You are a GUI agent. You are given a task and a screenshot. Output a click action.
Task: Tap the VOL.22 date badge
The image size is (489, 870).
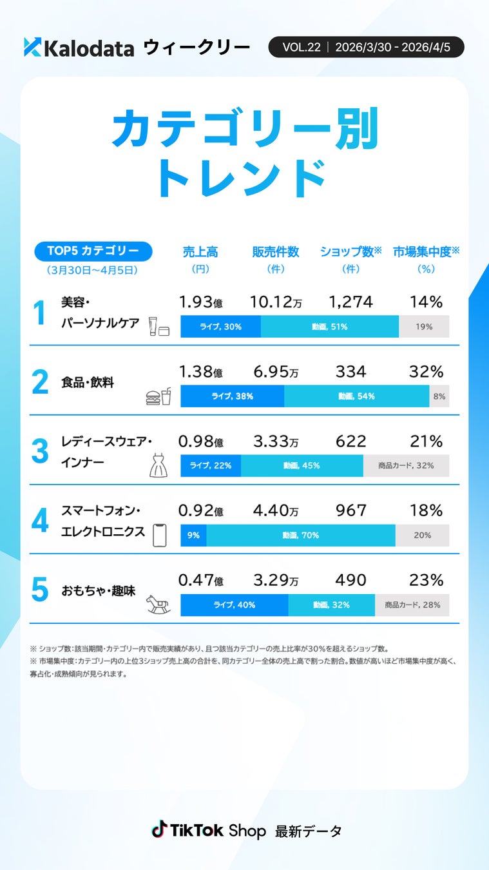click(x=366, y=47)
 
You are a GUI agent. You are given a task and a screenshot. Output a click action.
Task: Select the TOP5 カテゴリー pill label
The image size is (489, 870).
click(x=93, y=251)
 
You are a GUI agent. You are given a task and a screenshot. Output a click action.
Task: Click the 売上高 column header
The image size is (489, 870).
click(x=200, y=252)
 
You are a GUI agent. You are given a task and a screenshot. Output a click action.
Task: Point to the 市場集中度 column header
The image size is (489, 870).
click(x=426, y=252)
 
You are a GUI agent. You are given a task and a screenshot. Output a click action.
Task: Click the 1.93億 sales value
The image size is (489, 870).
click(x=200, y=302)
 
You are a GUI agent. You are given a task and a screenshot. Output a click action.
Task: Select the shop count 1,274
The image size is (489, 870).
click(x=350, y=302)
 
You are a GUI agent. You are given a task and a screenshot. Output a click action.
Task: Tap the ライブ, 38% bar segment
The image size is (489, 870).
click(x=232, y=396)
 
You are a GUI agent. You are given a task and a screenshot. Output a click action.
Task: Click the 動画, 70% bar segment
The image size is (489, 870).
click(x=300, y=535)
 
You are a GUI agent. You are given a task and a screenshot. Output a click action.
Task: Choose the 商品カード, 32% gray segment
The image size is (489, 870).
click(x=406, y=465)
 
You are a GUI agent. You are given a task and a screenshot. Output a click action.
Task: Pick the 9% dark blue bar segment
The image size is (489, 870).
click(x=193, y=535)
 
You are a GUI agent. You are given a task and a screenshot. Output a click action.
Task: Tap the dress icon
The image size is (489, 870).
click(x=158, y=465)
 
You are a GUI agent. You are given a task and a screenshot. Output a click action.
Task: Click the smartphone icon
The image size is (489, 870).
click(x=159, y=535)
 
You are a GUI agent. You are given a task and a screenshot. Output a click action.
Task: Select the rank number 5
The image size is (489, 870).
click(x=40, y=589)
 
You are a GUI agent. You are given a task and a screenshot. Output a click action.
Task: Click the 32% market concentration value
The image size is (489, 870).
click(x=426, y=372)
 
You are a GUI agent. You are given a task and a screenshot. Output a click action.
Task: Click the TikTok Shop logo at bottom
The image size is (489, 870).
click(x=208, y=830)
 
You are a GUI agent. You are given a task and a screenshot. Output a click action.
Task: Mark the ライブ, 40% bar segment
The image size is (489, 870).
click(x=234, y=604)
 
